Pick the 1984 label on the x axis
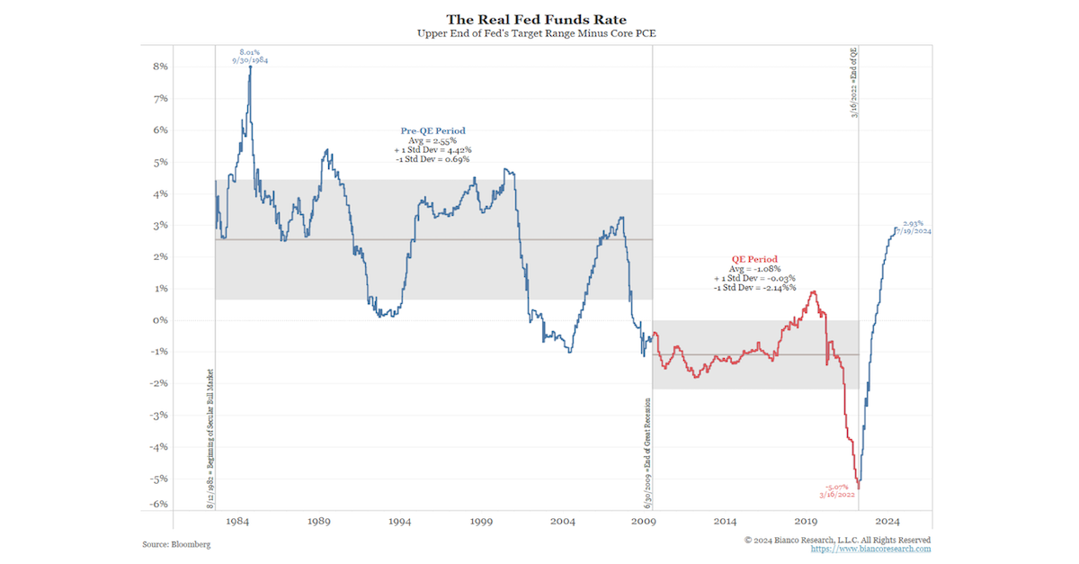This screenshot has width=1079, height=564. [237, 522]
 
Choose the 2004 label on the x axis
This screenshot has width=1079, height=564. [563, 522]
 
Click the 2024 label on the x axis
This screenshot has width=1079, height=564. [888, 522]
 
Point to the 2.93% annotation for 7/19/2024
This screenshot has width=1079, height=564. [914, 222]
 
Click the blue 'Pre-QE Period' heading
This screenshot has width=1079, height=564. [432, 130]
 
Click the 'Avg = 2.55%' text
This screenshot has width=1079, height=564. [432, 140]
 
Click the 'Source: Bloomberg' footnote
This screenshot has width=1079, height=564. [177, 545]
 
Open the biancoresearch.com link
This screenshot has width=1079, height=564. [870, 549]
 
